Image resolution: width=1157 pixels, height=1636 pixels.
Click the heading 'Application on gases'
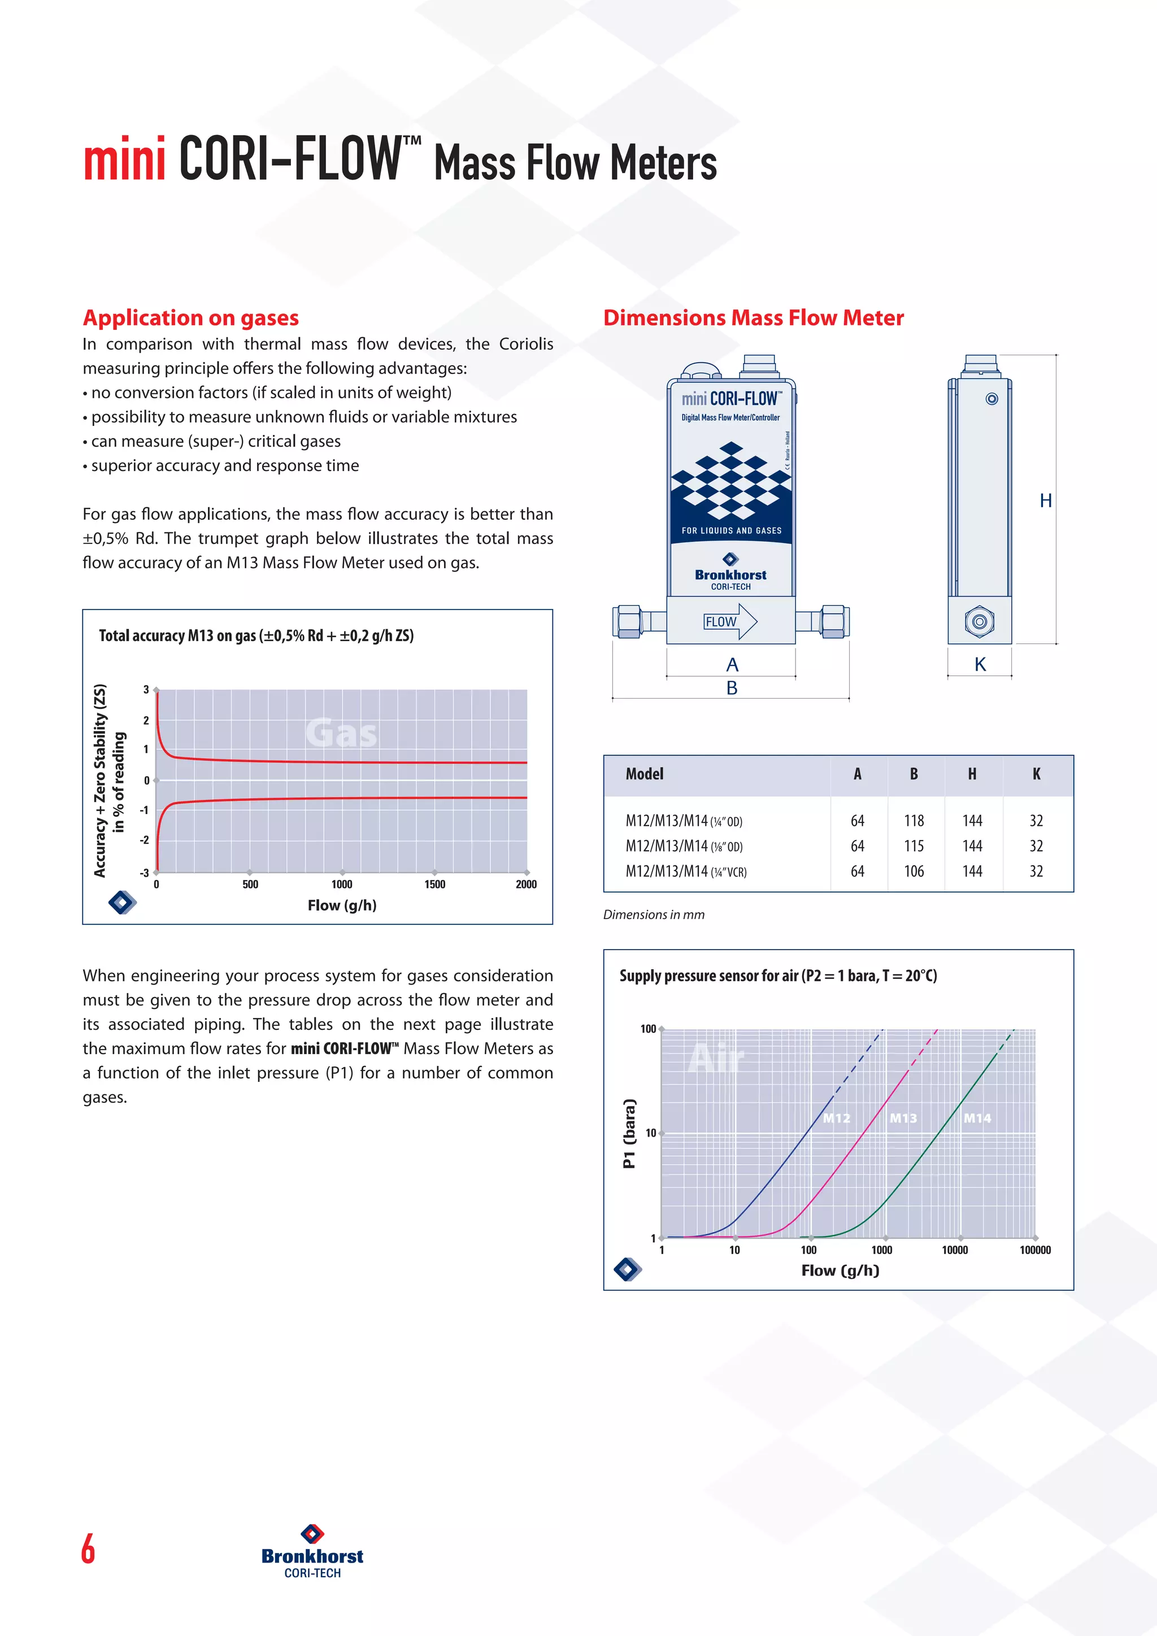(190, 318)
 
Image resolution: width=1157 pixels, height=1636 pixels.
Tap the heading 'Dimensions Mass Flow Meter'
(753, 318)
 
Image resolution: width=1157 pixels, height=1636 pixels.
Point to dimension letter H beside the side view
(1045, 501)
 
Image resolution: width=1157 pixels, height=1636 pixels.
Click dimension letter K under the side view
(980, 665)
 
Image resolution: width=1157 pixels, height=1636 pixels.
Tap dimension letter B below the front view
(732, 688)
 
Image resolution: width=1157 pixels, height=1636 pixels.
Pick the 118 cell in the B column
(914, 821)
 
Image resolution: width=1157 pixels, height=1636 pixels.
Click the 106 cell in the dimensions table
(914, 872)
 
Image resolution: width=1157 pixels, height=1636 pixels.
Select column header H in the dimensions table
(972, 775)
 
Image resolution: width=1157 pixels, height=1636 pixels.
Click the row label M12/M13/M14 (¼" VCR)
(685, 872)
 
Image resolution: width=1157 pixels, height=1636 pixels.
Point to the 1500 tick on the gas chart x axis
(434, 884)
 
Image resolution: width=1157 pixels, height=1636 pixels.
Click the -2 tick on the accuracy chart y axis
(145, 840)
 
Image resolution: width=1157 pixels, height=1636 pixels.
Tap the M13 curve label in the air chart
(903, 1119)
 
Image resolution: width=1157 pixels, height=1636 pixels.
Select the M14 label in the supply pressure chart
(977, 1119)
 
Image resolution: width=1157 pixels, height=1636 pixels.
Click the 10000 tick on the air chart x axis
(955, 1250)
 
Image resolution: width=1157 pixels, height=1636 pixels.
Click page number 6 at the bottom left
(88, 1548)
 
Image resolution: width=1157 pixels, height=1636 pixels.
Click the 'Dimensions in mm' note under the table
(653, 915)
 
